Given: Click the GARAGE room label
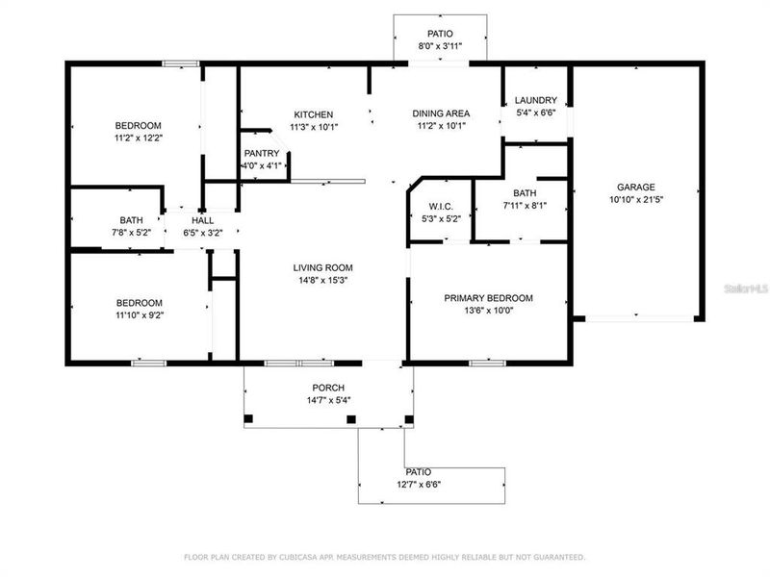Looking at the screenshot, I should (x=635, y=188).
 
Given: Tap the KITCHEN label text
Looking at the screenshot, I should (x=313, y=114).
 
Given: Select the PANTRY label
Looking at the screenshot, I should (x=261, y=153).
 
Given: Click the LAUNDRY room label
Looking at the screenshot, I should (x=535, y=100).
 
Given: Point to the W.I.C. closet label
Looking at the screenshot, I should (x=441, y=206).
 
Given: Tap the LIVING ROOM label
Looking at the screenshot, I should (x=322, y=267).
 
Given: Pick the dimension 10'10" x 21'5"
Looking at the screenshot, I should (x=635, y=200).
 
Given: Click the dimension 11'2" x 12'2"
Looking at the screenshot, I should (x=139, y=138).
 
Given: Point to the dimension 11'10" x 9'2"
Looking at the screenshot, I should (x=139, y=314).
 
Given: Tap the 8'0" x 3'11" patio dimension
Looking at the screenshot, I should (x=440, y=45).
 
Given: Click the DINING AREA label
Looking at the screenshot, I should (x=441, y=113).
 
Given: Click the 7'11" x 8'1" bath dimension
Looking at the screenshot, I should (x=525, y=205).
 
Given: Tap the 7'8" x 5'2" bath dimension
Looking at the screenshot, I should (x=131, y=232).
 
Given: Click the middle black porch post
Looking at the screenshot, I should (x=351, y=418).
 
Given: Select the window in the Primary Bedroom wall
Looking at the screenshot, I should (x=488, y=363).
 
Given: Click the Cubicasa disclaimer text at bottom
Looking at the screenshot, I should (x=385, y=557).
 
